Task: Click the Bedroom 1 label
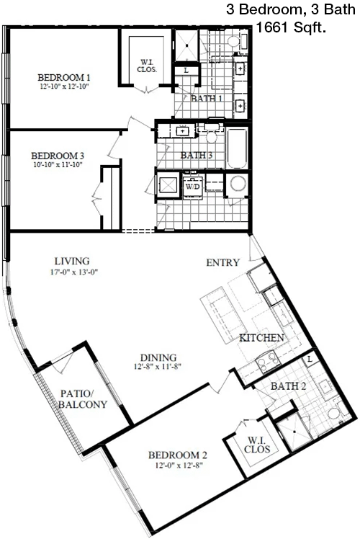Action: tap(64, 77)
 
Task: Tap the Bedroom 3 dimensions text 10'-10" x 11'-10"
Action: tap(58, 164)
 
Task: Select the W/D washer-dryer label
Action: tap(192, 187)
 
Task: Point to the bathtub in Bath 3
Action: tap(237, 148)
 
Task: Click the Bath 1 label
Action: tap(207, 98)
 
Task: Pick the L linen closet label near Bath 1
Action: tap(186, 71)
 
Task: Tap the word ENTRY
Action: tap(222, 262)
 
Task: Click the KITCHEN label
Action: tap(261, 337)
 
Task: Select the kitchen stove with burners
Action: tap(269, 361)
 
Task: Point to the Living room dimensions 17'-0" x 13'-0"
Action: tap(74, 272)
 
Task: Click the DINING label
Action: tap(158, 357)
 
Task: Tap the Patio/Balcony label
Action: tap(83, 398)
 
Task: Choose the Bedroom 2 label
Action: tap(178, 455)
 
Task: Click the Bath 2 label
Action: tap(288, 386)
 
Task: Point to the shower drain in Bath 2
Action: tap(294, 430)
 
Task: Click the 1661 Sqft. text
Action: tap(291, 27)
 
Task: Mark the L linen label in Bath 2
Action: tap(310, 360)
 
